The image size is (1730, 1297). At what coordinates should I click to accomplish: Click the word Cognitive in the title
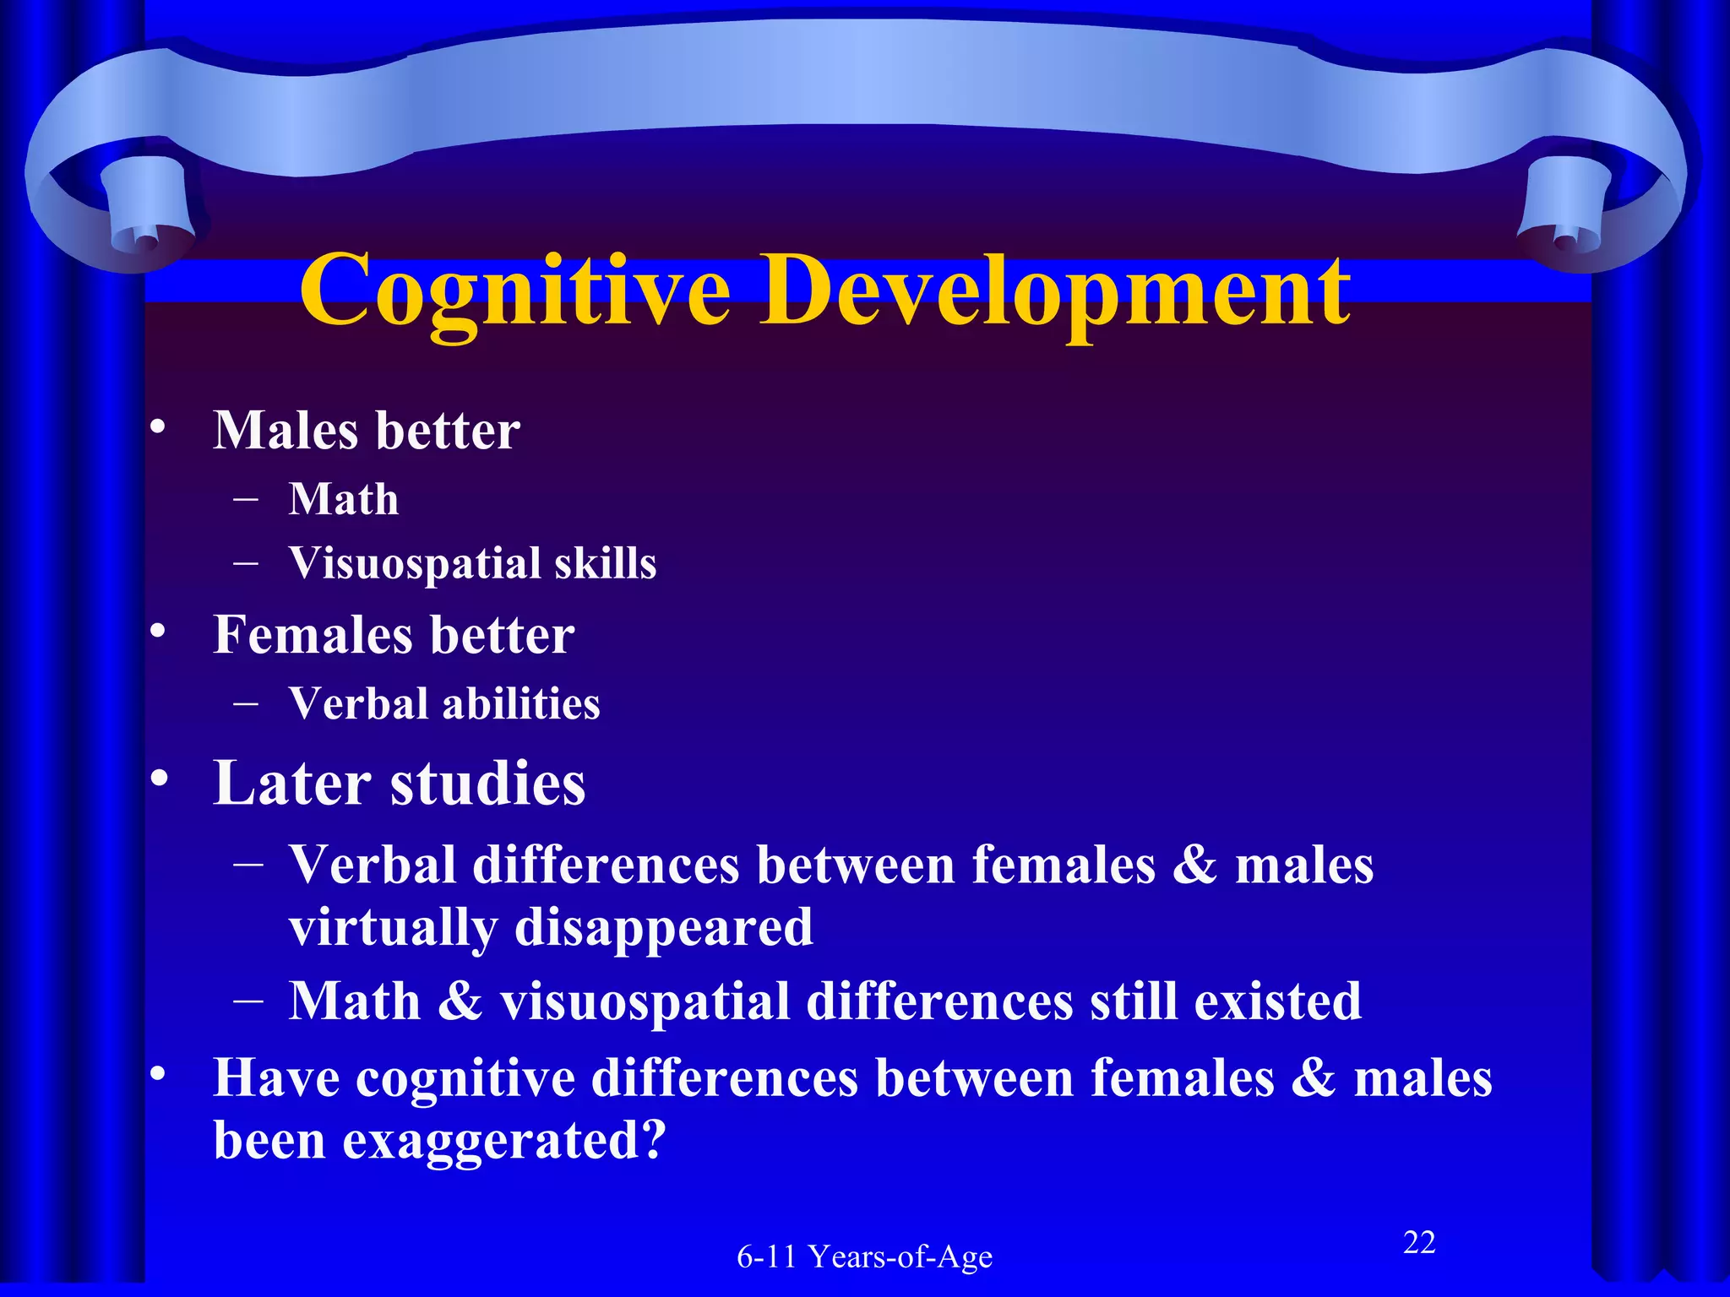tap(515, 291)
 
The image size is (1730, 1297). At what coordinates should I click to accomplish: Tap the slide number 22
tap(1419, 1242)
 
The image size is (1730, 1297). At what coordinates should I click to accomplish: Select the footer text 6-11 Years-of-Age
tap(864, 1256)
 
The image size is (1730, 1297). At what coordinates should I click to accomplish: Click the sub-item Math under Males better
tap(343, 499)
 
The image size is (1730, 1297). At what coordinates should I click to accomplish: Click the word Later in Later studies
tap(291, 783)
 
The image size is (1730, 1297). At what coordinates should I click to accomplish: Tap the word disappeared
tap(663, 927)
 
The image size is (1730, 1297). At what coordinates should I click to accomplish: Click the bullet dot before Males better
tap(157, 429)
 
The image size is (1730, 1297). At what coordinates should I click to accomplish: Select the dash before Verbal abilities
tap(246, 703)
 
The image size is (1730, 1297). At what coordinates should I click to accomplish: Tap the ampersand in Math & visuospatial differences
tap(460, 1001)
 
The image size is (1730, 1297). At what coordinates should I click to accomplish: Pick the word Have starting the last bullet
tap(276, 1078)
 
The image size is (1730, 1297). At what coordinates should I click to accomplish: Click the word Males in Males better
tap(286, 431)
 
